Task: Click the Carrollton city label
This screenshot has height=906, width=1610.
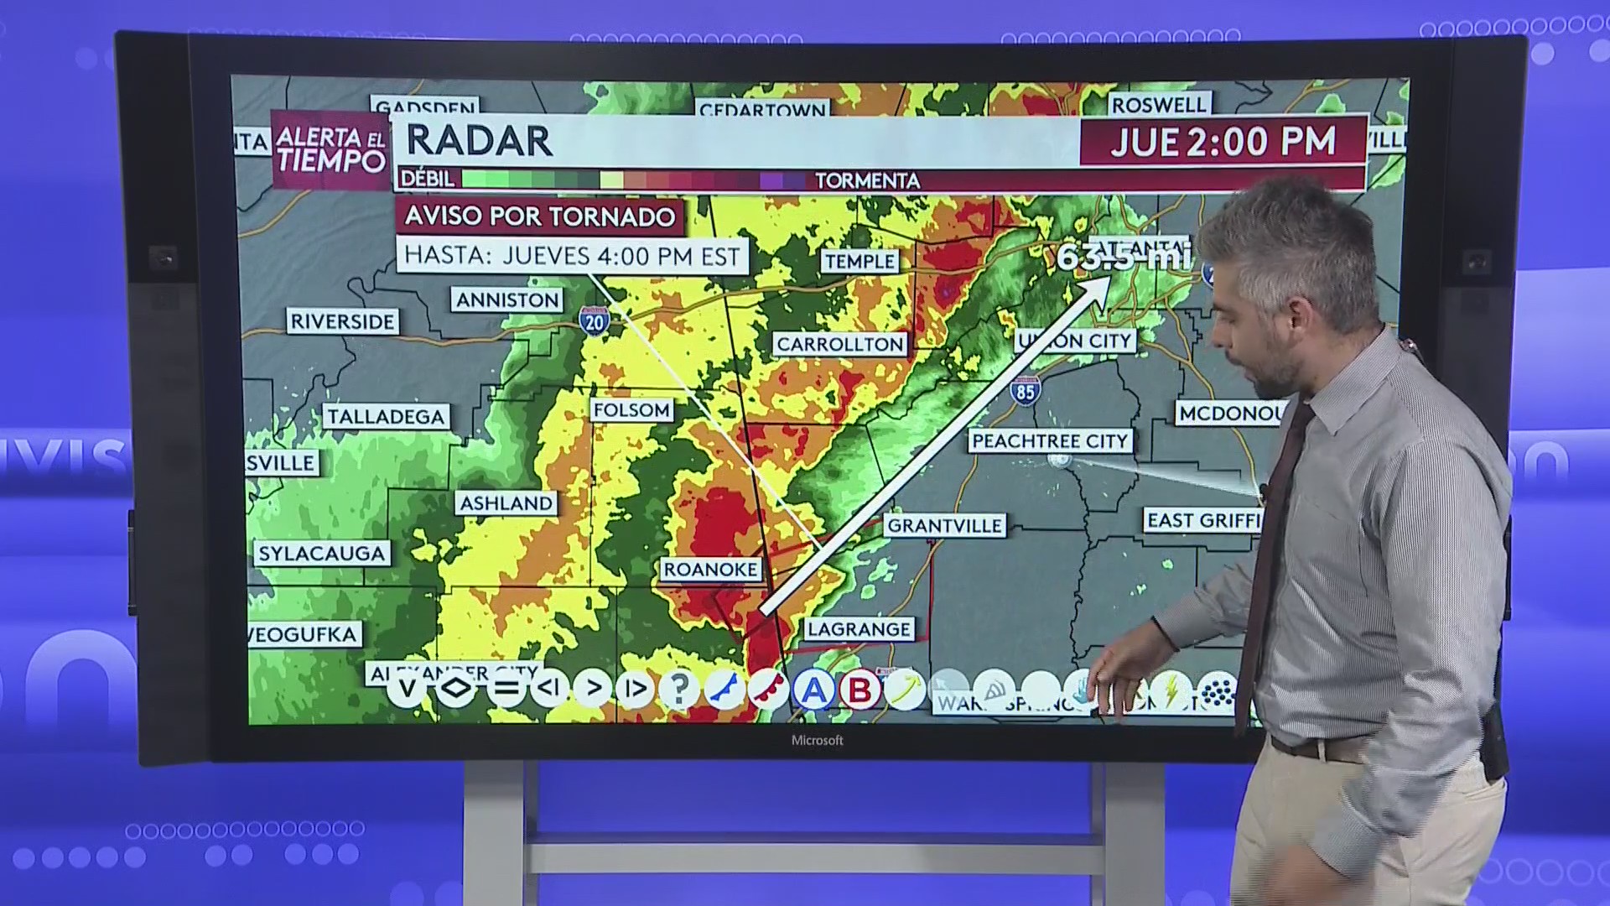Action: [x=839, y=344]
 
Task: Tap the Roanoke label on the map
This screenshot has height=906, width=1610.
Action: [x=710, y=570]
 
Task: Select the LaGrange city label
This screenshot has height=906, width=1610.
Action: [x=858, y=629]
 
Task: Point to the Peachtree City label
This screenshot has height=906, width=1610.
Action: [x=1050, y=441]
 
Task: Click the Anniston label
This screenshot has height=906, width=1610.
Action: [x=507, y=300]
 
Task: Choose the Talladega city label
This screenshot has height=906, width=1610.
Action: [x=386, y=417]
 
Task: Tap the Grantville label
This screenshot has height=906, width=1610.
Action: [x=944, y=526]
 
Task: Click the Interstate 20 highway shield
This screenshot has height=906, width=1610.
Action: [x=594, y=320]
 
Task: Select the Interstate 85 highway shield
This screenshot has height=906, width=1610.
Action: [x=1025, y=391]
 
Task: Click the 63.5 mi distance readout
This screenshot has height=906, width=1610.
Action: [x=1122, y=256]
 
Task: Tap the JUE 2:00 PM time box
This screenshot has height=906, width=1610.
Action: [x=1223, y=142]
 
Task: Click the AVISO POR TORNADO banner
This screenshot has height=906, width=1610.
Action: [x=540, y=216]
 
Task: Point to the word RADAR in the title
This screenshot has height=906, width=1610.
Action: [x=479, y=141]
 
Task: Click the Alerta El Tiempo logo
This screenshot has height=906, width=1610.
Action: [x=330, y=149]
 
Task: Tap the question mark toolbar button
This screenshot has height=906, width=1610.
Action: [x=679, y=690]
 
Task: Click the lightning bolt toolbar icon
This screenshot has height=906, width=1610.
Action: [x=1171, y=690]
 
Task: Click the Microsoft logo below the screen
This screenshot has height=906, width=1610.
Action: [x=817, y=740]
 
